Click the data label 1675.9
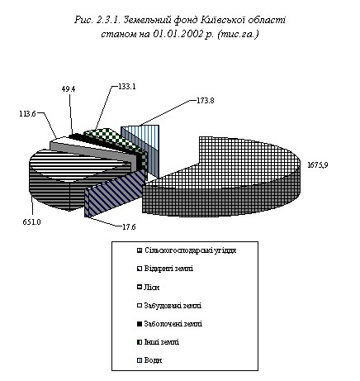[318, 165]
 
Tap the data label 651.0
[31, 221]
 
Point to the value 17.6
[129, 227]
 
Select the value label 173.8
[206, 101]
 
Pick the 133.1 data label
[127, 87]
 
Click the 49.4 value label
[69, 89]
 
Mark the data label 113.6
[27, 114]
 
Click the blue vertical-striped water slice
[143, 143]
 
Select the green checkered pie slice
[110, 137]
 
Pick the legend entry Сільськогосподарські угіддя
[187, 250]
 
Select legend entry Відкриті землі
[165, 269]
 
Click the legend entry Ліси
[148, 288]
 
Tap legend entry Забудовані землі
[169, 306]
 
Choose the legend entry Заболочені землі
[169, 324]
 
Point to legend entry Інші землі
[158, 342]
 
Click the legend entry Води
[149, 360]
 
